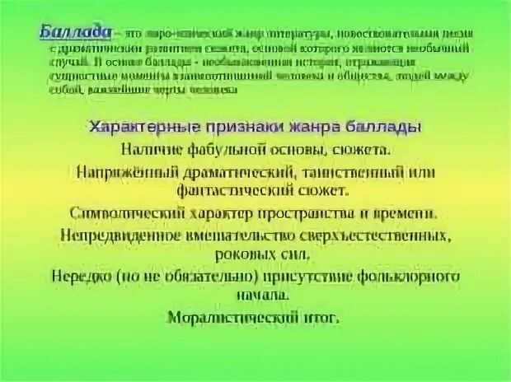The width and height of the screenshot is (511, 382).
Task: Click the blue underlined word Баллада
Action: [x=75, y=30]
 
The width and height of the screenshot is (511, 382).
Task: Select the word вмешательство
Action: [x=242, y=235]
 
